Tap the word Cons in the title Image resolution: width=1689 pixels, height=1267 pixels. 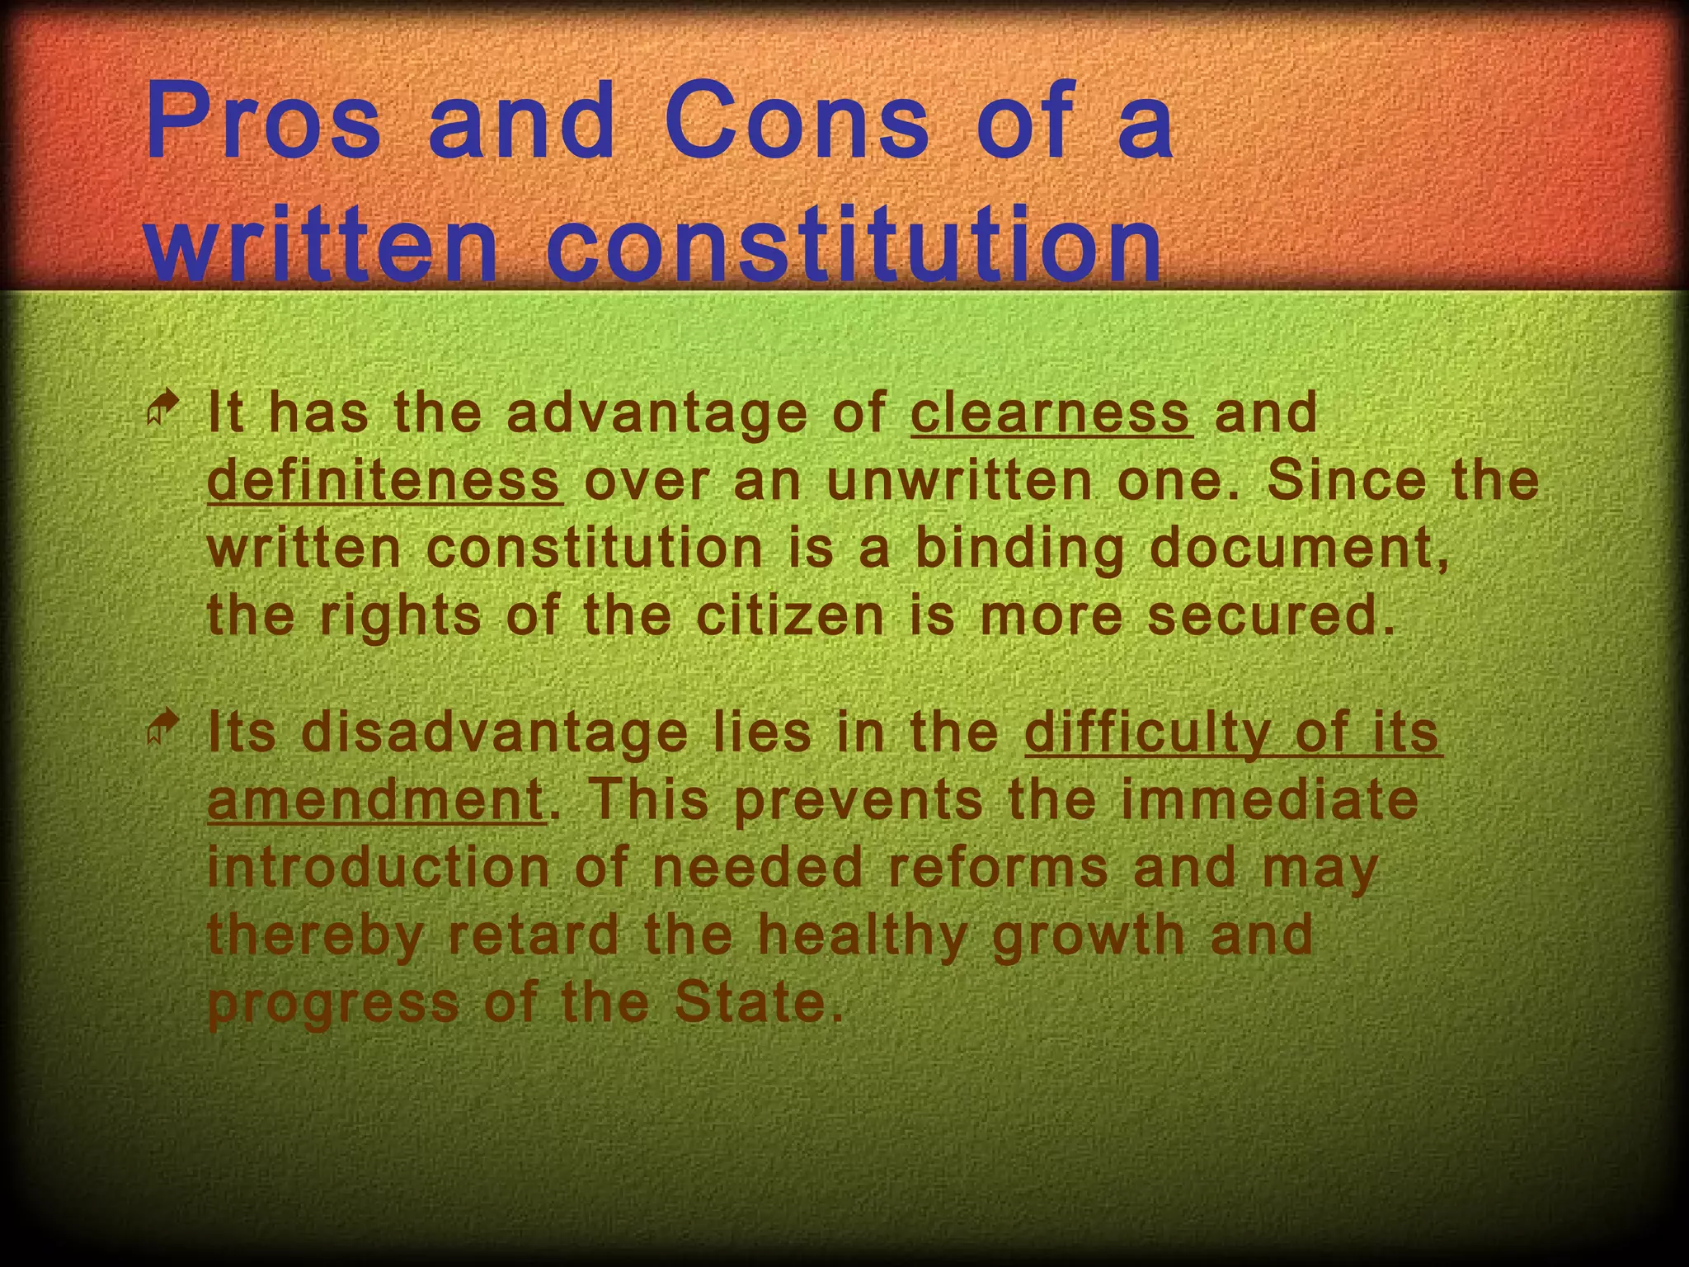pyautogui.click(x=797, y=121)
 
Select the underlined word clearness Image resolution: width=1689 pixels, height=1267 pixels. pyautogui.click(x=1052, y=412)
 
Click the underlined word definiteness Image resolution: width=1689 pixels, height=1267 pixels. pyautogui.click(x=385, y=480)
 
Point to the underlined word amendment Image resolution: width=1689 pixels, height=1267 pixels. pyautogui.click(x=375, y=799)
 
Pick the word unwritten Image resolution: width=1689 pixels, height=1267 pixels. pyautogui.click(x=959, y=480)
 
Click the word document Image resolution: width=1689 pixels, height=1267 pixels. pyautogui.click(x=1298, y=549)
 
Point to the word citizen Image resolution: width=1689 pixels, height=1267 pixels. pyautogui.click(x=789, y=616)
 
